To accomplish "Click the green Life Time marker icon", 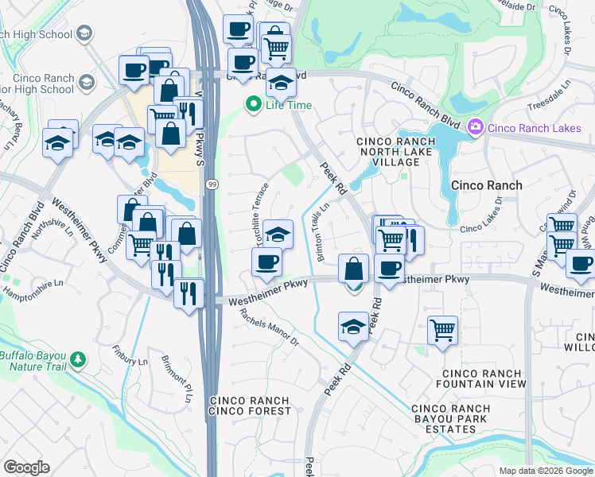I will [x=254, y=104].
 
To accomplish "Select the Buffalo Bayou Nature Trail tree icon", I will [x=78, y=359].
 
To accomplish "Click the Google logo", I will [x=26, y=467].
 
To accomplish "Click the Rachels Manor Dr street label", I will [x=270, y=328].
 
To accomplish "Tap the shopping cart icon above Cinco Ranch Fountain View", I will [x=442, y=329].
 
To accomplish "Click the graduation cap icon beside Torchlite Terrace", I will [x=278, y=234].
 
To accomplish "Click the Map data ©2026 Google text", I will [x=545, y=471].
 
